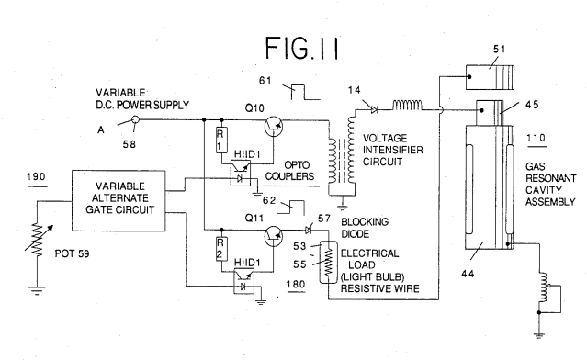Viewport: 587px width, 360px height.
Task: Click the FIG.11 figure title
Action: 301,48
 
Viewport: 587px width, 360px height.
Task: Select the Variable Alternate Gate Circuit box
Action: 119,200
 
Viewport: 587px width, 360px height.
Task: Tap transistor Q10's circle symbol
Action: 273,126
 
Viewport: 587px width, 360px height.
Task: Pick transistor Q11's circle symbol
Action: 273,236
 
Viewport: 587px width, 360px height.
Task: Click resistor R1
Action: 220,140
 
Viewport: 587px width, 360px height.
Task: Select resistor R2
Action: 220,249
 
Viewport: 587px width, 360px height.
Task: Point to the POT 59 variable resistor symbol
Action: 38,240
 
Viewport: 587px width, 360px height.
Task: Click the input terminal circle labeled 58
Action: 136,119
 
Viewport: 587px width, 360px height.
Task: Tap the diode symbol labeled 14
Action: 373,109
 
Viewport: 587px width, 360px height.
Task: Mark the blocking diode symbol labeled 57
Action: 309,230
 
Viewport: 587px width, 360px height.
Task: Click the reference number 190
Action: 37,176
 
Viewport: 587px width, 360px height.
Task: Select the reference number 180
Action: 296,285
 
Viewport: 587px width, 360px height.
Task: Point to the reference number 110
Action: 536,138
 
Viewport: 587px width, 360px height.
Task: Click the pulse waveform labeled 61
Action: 306,92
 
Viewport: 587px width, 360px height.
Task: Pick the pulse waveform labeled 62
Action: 290,208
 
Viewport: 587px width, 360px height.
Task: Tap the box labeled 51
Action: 490,77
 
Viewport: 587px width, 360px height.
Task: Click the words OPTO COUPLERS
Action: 289,171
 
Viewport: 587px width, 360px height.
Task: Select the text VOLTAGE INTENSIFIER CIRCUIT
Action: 392,150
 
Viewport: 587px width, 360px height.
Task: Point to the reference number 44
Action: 468,274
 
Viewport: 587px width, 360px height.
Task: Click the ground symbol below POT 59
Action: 37,290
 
